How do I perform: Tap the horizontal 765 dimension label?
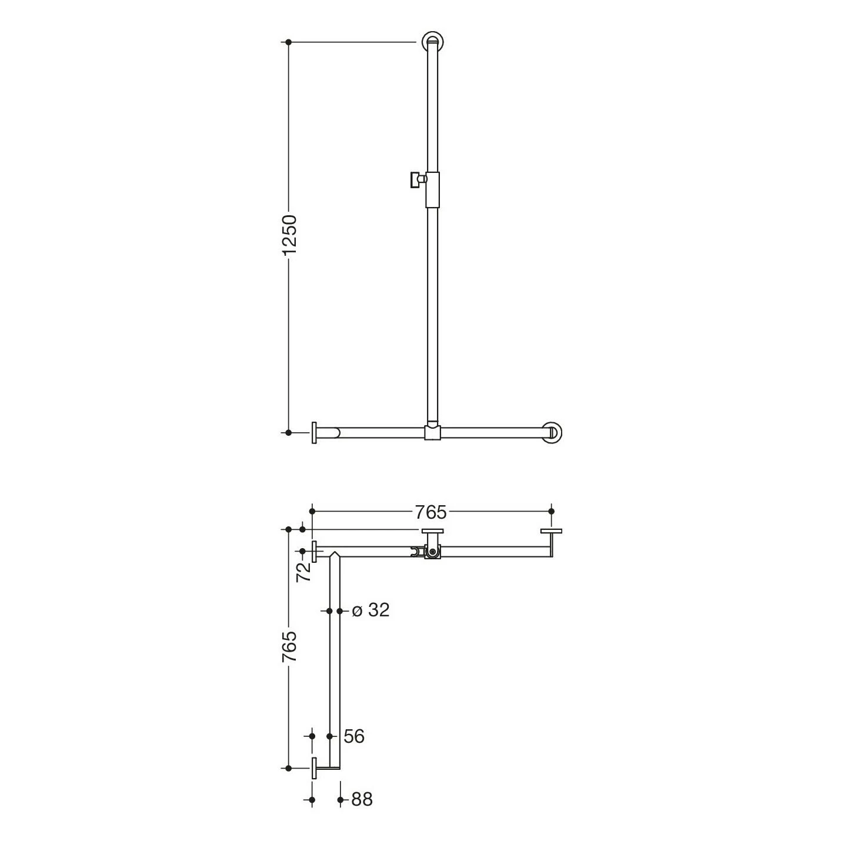pyautogui.click(x=430, y=512)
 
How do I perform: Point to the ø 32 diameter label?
pyautogui.click(x=370, y=610)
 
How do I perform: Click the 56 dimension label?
pyautogui.click(x=354, y=736)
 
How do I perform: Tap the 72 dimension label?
pyautogui.click(x=304, y=571)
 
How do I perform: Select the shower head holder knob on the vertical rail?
pyautogui.click(x=417, y=180)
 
